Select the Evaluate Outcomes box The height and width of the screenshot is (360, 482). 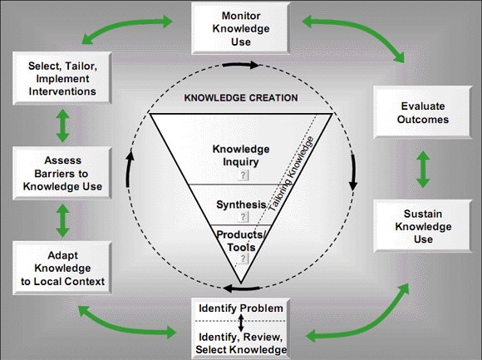422,112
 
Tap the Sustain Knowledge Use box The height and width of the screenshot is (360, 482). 422,224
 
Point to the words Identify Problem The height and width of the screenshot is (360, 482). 240,309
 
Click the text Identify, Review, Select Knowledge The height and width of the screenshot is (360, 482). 240,343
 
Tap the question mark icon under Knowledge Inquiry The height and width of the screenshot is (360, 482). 243,175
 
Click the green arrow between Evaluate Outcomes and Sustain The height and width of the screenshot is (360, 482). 423,168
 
